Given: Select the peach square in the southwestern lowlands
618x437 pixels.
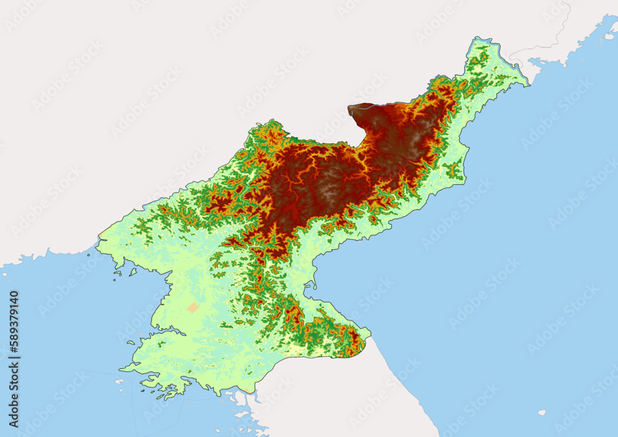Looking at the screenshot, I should [193, 307].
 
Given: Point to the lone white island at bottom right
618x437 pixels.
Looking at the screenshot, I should [542, 412].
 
